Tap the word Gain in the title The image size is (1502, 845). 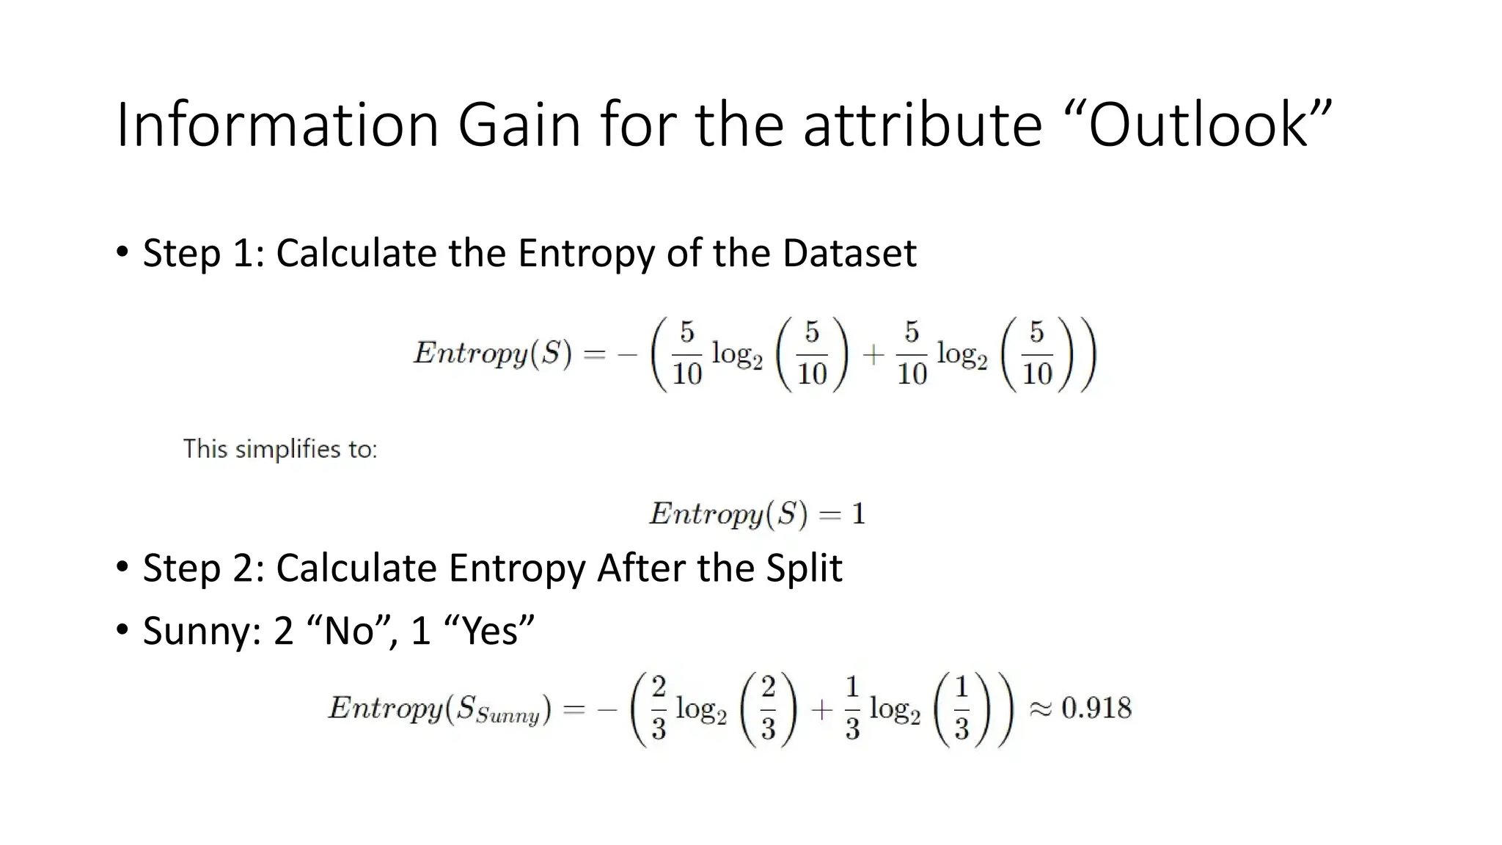point(519,125)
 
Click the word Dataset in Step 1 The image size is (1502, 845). point(849,253)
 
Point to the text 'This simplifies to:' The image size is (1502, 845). point(280,449)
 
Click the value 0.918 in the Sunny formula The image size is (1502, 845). point(1096,708)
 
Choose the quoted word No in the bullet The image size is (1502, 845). point(349,631)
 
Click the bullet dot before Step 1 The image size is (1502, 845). point(122,252)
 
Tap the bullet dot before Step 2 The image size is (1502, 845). point(122,567)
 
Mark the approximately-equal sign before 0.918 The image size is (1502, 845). point(1041,709)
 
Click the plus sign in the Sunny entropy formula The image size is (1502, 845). point(821,709)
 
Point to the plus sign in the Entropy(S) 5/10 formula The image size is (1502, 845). point(873,355)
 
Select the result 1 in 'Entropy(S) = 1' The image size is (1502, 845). point(858,513)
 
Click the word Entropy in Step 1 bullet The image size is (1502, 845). point(586,253)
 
